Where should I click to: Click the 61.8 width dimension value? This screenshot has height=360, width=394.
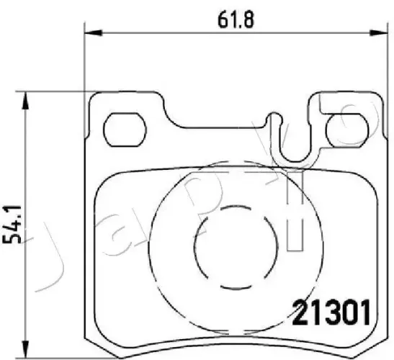236,19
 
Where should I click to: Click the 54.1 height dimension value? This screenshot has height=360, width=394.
12,225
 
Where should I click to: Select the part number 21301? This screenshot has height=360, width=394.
331,312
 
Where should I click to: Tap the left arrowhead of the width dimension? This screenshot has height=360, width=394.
94,32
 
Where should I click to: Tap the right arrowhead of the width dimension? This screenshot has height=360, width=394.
378,32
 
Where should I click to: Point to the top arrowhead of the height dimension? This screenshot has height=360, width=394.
25,101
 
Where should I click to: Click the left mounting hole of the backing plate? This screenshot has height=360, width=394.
125,130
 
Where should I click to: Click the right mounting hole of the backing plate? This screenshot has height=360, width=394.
347,130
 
